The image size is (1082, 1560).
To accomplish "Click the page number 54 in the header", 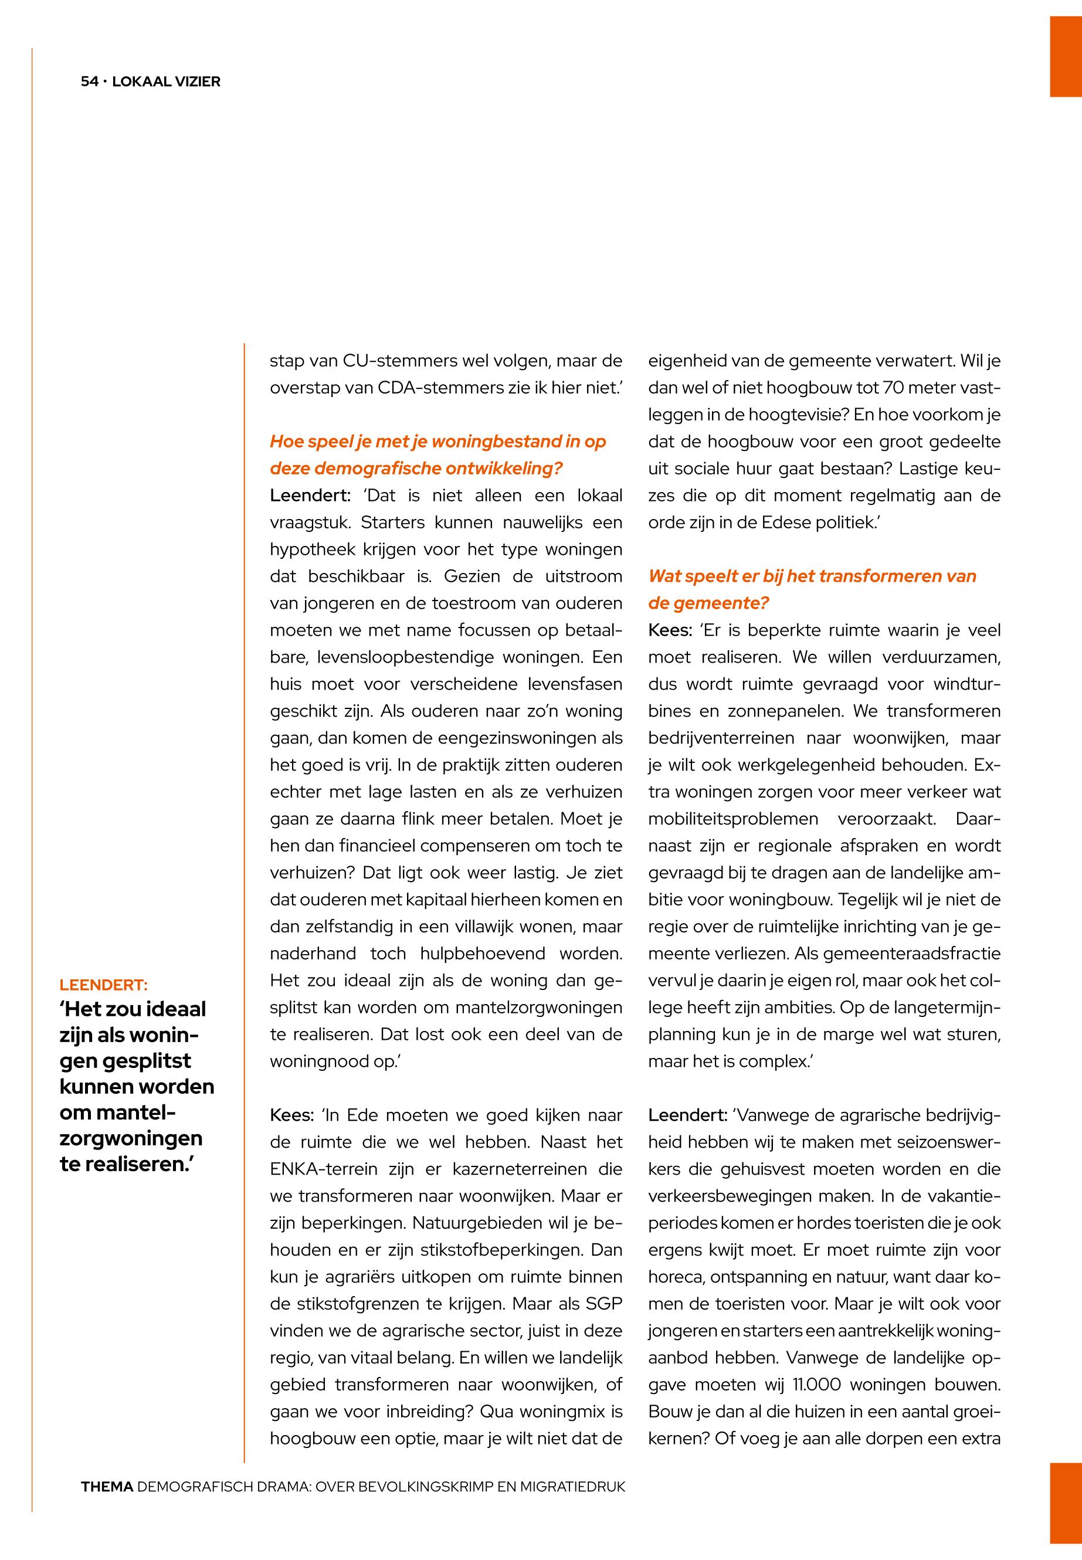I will [x=89, y=82].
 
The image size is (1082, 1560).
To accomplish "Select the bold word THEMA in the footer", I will [x=107, y=1487].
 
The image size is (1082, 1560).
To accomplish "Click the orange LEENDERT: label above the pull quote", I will [x=104, y=985].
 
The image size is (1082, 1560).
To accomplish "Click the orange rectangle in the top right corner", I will [x=1066, y=57].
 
